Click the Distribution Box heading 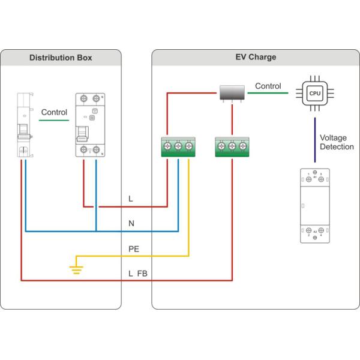pyautogui.click(x=61, y=58)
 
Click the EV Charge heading pyautogui.click(x=255, y=58)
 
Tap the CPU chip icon pyautogui.click(x=315, y=94)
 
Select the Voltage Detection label pyautogui.click(x=337, y=142)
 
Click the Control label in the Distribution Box pyautogui.click(x=54, y=112)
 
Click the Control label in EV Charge pyautogui.click(x=268, y=86)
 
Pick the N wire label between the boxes pyautogui.click(x=131, y=223)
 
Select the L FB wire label pyautogui.click(x=137, y=274)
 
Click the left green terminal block pyautogui.click(x=178, y=147)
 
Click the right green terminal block pyautogui.click(x=232, y=147)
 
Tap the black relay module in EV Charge pyautogui.click(x=231, y=92)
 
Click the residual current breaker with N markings pyautogui.click(x=90, y=125)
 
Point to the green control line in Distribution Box pyautogui.click(x=54, y=121)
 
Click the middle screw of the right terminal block pyautogui.click(x=232, y=146)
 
